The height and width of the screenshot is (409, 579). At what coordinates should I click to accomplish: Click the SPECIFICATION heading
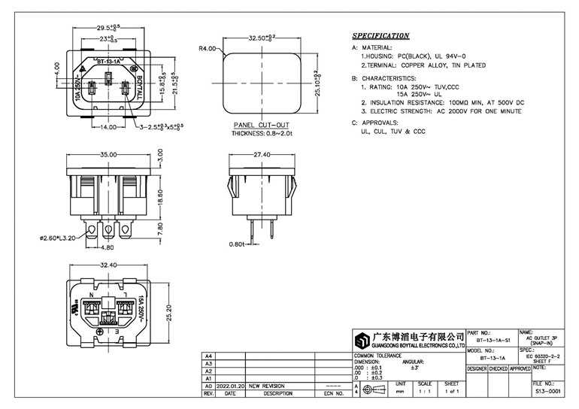pyautogui.click(x=380, y=35)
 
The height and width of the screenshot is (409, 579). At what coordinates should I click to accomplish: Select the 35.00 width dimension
pyautogui.click(x=109, y=155)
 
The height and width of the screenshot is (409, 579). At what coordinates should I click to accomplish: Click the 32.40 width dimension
pyautogui.click(x=109, y=265)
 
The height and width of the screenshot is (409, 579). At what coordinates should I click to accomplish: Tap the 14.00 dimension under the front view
pyautogui.click(x=108, y=128)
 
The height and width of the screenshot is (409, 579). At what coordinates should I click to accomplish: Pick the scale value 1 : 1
pyautogui.click(x=424, y=392)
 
